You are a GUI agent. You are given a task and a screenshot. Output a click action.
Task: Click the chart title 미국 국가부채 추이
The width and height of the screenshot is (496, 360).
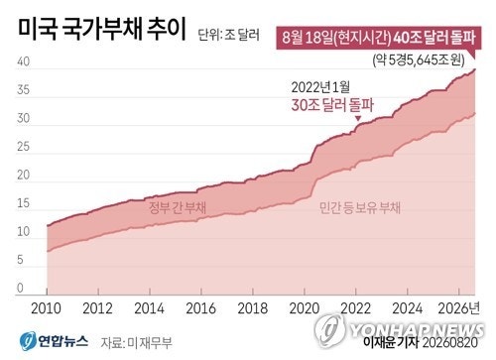click(x=102, y=30)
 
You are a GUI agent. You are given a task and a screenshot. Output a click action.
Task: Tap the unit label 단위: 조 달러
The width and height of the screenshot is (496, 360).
click(x=229, y=35)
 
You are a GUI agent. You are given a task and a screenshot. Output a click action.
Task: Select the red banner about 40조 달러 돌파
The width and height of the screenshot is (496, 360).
click(x=378, y=38)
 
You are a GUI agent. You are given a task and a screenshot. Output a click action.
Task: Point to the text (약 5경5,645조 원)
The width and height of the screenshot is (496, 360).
click(x=419, y=60)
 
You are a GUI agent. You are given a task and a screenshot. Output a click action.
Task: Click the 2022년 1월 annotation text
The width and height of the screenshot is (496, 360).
click(x=320, y=87)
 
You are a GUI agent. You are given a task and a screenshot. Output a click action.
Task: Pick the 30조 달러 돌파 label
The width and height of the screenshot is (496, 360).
click(x=332, y=105)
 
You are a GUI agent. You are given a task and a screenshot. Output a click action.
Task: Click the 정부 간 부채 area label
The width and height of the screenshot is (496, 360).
click(x=178, y=207)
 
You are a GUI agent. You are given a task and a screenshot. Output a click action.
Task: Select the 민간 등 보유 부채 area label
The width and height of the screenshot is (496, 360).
click(x=360, y=208)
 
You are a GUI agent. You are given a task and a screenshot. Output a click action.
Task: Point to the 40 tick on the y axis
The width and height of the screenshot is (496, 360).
click(x=24, y=61)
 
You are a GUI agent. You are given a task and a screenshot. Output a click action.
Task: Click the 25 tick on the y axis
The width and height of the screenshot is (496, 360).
click(x=24, y=147)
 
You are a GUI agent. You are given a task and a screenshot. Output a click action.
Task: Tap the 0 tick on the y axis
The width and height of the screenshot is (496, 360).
click(x=20, y=288)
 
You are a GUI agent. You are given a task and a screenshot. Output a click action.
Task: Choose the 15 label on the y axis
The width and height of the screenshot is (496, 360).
click(x=24, y=203)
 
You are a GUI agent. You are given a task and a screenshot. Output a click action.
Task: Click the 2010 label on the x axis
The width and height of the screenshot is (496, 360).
click(x=46, y=308)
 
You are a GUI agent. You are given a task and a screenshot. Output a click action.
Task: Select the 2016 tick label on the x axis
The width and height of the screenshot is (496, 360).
click(x=200, y=308)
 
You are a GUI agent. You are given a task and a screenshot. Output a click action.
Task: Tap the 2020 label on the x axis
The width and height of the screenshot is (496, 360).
click(x=305, y=308)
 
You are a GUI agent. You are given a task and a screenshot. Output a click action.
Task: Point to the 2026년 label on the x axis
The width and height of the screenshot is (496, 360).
click(x=458, y=308)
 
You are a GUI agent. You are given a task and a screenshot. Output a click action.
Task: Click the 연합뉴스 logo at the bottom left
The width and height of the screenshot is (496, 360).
click(x=54, y=341)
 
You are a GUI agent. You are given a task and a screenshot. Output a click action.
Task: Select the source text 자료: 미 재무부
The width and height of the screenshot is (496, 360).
click(x=137, y=343)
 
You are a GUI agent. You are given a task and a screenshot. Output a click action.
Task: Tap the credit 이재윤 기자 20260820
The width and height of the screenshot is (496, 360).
click(x=421, y=342)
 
